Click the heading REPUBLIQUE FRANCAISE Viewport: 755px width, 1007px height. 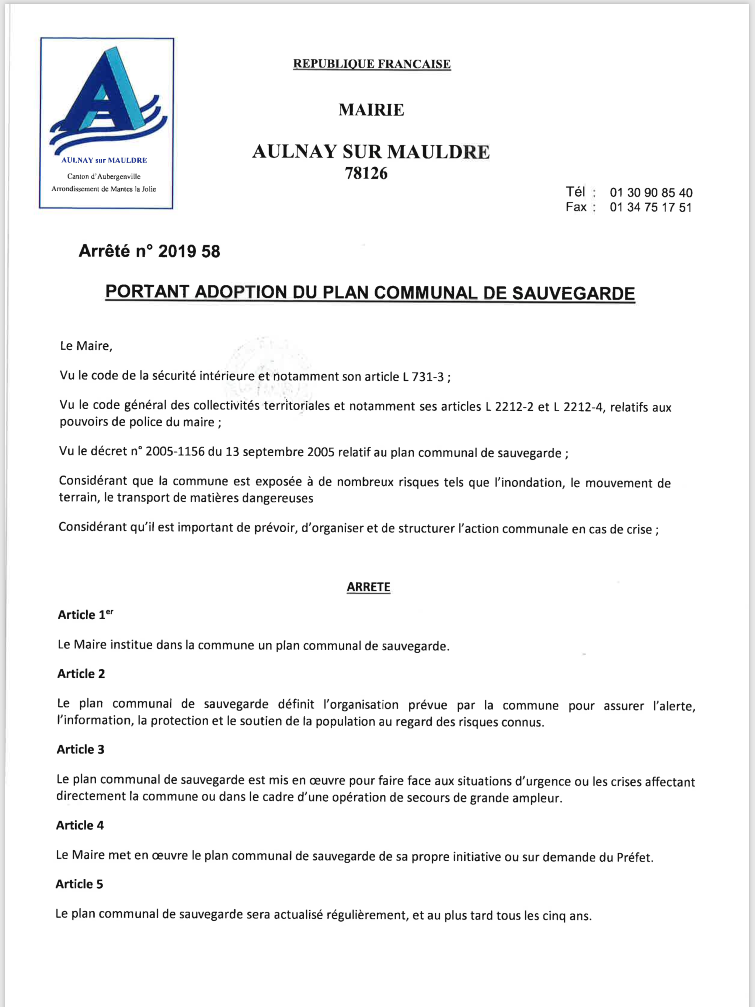[372, 64]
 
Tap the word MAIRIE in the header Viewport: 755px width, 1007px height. [371, 110]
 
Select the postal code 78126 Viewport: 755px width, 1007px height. [366, 174]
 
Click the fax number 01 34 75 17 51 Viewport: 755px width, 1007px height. [650, 208]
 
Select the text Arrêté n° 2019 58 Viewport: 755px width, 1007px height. [149, 251]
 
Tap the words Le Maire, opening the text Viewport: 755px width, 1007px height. [86, 346]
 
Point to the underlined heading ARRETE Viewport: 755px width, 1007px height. [368, 587]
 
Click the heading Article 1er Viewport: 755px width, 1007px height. [85, 614]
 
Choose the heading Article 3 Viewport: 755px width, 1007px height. [81, 749]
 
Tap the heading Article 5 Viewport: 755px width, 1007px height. [80, 884]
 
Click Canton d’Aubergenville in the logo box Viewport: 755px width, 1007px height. [104, 177]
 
